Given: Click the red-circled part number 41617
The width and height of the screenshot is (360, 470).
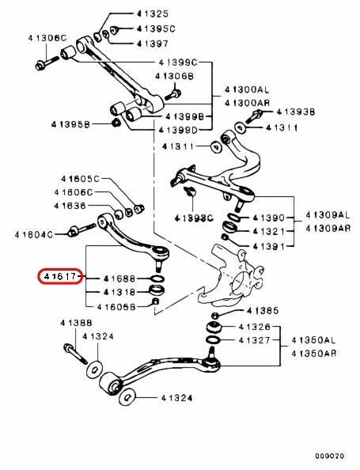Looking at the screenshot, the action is pyautogui.click(x=60, y=276).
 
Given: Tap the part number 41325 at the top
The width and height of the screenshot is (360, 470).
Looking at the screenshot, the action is pyautogui.click(x=153, y=13).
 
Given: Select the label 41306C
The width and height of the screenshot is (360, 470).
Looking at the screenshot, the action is pyautogui.click(x=47, y=38).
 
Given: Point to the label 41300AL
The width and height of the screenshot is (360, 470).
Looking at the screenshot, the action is pyautogui.click(x=247, y=89).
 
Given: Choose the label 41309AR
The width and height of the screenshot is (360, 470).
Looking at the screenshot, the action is pyautogui.click(x=328, y=229).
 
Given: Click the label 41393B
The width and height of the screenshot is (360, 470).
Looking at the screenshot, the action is pyautogui.click(x=296, y=112).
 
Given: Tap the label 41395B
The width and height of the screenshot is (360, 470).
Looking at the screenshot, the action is pyautogui.click(x=70, y=124).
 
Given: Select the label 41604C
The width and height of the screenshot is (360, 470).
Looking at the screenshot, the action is pyautogui.click(x=33, y=234).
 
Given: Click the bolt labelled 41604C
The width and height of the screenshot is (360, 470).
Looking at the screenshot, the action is pyautogui.click(x=81, y=229).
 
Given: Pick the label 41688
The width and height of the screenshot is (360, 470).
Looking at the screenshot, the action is pyautogui.click(x=119, y=279).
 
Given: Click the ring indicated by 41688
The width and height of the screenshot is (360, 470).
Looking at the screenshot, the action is pyautogui.click(x=157, y=279).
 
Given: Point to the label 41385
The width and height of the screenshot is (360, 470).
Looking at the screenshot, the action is pyautogui.click(x=263, y=311).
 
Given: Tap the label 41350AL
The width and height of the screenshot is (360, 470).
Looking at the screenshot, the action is pyautogui.click(x=313, y=340).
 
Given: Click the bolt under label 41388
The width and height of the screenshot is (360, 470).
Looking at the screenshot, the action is pyautogui.click(x=75, y=354).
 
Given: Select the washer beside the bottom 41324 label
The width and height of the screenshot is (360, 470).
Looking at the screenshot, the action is pyautogui.click(x=127, y=397).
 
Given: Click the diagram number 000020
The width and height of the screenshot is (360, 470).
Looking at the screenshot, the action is pyautogui.click(x=329, y=457).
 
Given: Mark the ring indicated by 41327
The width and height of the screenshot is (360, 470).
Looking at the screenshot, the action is pyautogui.click(x=214, y=340).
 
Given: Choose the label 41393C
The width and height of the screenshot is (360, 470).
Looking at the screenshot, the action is pyautogui.click(x=194, y=218).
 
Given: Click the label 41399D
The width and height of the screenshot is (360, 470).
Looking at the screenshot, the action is pyautogui.click(x=178, y=130).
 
